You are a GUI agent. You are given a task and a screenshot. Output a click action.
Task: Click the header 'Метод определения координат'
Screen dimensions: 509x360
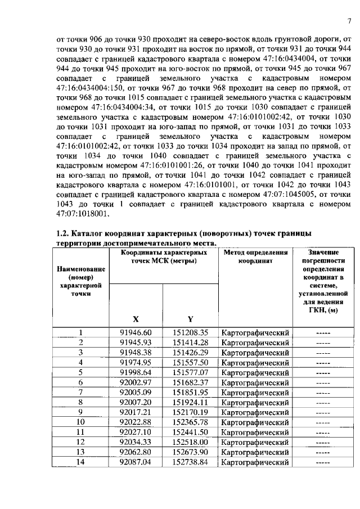pos(255,257)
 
